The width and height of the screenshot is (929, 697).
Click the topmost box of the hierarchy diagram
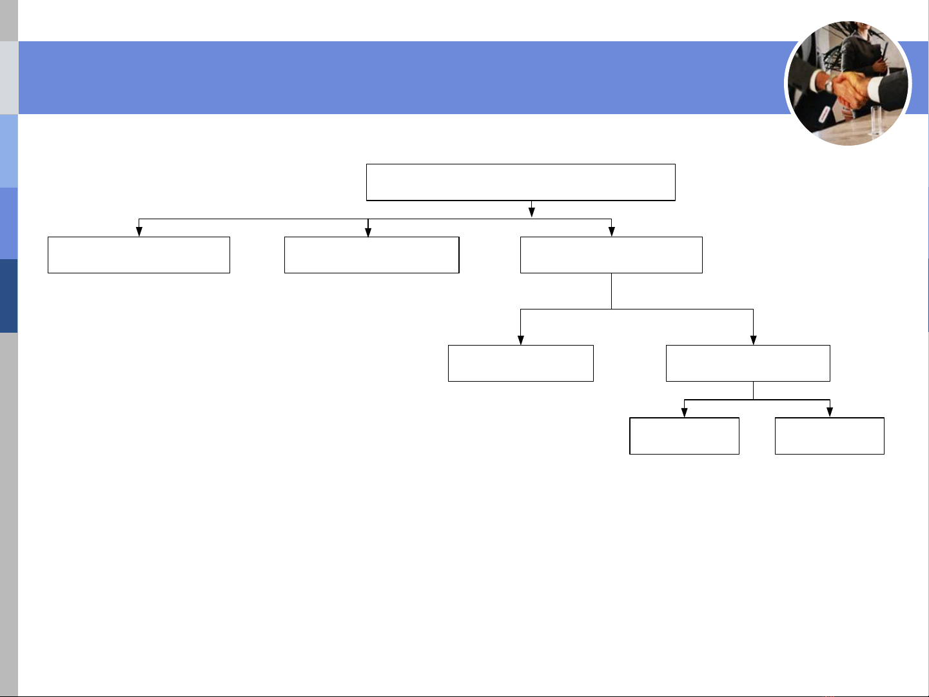(520, 182)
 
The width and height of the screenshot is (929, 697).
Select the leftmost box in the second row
(139, 255)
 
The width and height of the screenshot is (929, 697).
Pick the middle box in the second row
(371, 255)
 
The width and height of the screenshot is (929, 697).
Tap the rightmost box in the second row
(611, 255)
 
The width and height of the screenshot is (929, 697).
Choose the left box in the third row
(520, 363)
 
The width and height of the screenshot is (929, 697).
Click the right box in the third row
(748, 363)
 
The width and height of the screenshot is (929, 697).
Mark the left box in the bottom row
(684, 436)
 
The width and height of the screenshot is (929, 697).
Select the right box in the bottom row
(829, 436)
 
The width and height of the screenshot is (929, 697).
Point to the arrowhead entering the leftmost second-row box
(139, 231)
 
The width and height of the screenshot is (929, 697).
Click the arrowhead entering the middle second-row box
(368, 231)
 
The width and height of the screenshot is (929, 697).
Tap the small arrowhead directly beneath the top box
(532, 212)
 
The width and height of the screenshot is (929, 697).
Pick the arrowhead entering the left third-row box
(520, 340)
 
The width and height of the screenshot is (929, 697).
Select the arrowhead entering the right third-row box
(753, 340)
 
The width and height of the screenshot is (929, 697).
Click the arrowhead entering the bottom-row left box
(684, 413)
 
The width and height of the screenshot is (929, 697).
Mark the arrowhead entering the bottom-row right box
(830, 413)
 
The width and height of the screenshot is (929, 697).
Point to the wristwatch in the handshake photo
(828, 84)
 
